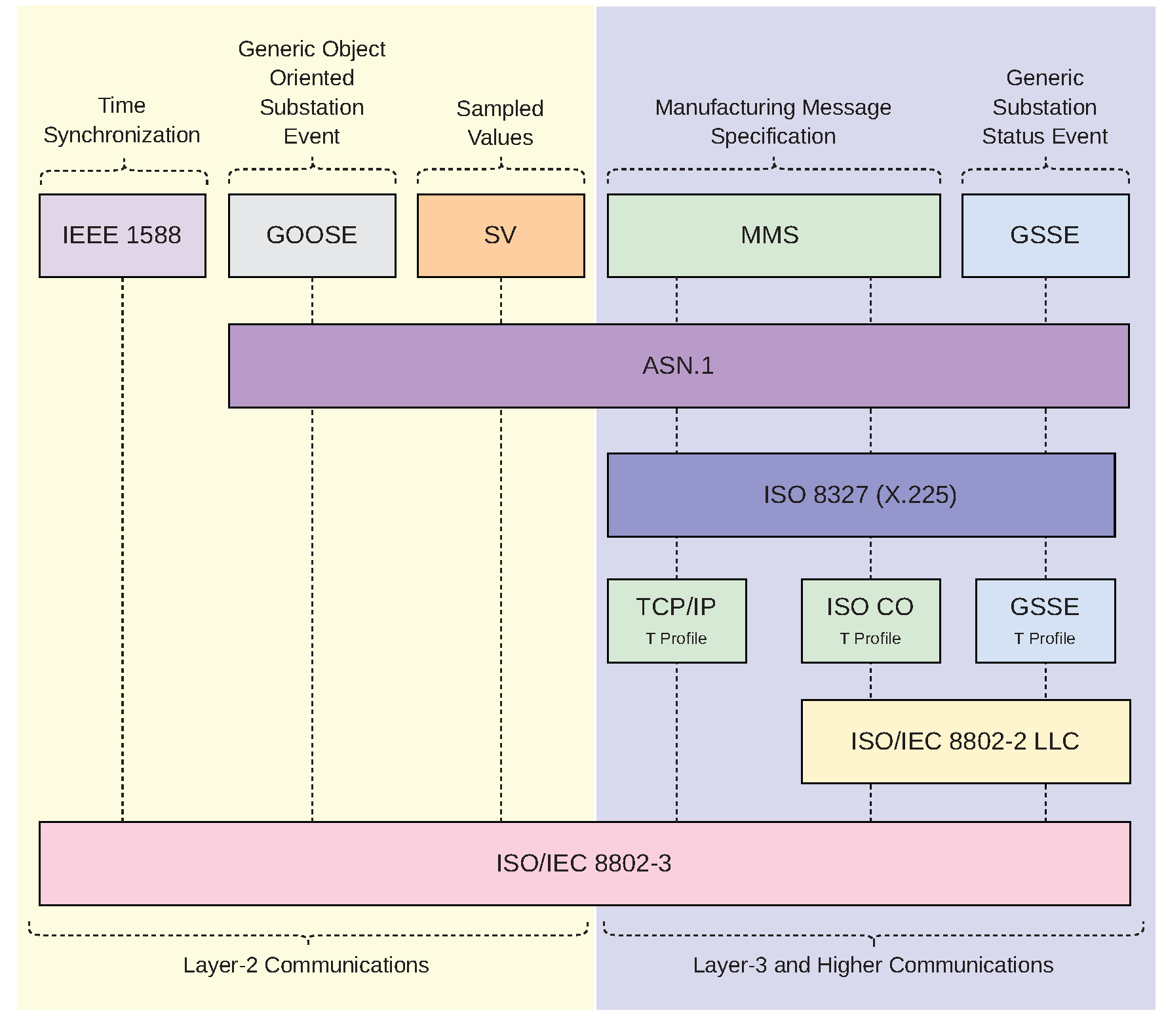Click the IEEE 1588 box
pos(122,235)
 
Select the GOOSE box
pos(312,235)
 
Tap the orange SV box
pos(501,235)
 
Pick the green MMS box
pos(773,235)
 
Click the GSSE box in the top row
pos(1045,235)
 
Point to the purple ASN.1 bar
pos(678,366)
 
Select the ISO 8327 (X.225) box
pos(861,495)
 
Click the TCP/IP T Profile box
pos(676,620)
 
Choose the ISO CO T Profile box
pos(870,620)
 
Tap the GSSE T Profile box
pos(1045,620)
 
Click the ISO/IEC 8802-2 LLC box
pos(965,742)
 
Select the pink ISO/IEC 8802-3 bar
pos(584,864)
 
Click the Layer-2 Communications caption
pos(306,965)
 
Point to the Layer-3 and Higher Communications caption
pos(873,965)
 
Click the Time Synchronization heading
pos(122,120)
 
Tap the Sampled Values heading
pos(500,123)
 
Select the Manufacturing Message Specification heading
pos(773,121)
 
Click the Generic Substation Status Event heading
pos(1045,107)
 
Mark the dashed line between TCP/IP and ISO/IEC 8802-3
pos(676,742)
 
